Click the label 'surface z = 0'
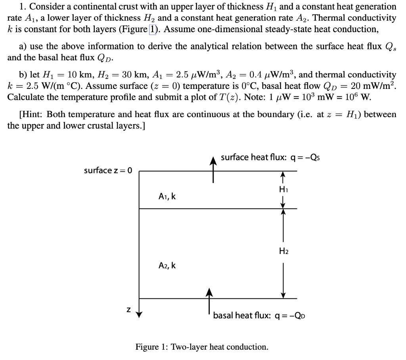108,170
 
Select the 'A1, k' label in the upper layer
167,196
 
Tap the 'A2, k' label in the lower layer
167,266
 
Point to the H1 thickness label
283,190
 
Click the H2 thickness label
283,251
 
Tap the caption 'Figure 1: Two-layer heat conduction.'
202,347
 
